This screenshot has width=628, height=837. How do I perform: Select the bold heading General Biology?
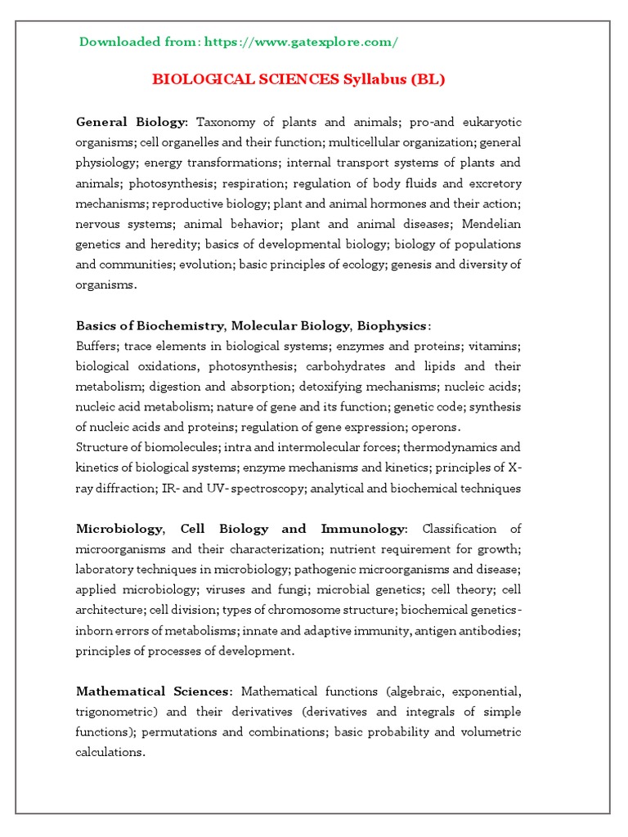(132, 122)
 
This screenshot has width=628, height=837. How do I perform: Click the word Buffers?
(97, 346)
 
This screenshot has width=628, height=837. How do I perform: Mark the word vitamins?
(492, 346)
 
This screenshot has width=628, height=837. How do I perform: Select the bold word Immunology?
(362, 529)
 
